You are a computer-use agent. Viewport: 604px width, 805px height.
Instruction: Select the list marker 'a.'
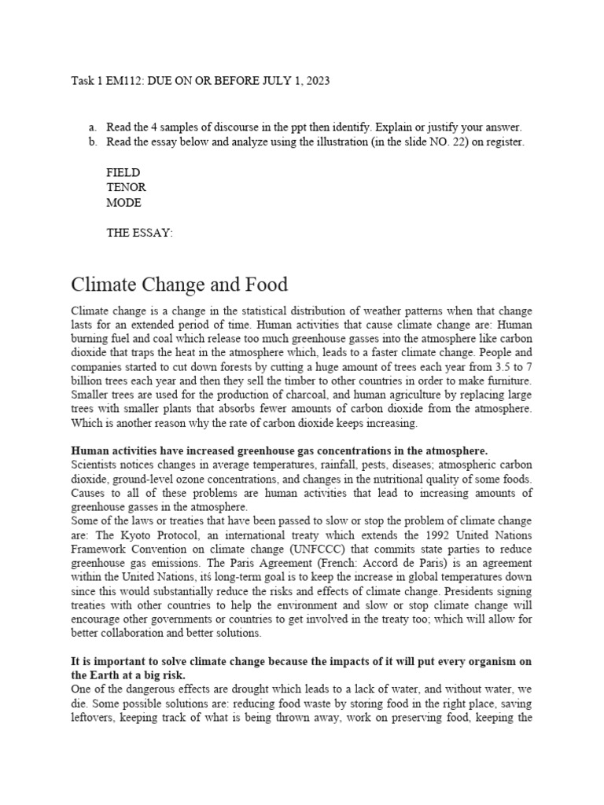93,127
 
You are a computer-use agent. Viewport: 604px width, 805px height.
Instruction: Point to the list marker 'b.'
93,142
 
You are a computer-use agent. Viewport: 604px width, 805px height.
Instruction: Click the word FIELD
123,172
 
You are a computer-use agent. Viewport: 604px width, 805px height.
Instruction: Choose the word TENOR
126,187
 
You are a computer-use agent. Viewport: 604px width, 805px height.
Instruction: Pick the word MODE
123,202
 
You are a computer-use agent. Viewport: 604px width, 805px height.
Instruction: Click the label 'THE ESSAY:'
139,233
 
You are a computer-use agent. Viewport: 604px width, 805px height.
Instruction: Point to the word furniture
507,380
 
